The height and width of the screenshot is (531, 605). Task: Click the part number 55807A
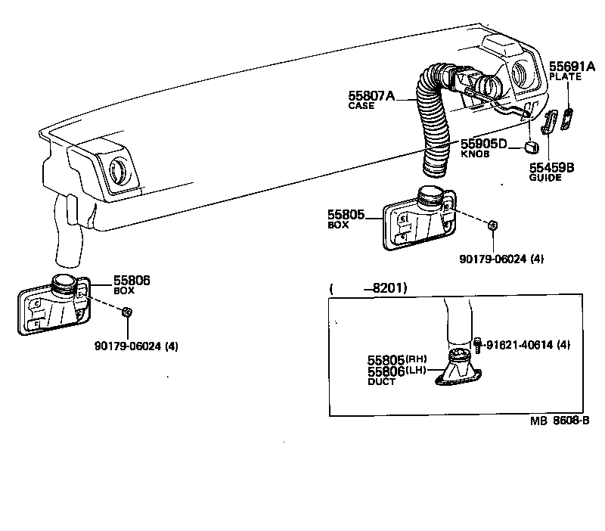371,95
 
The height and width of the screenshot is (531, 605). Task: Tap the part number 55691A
572,66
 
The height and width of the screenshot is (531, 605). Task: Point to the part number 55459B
551,167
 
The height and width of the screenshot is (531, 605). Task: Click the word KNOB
475,154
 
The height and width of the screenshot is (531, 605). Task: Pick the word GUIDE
544,178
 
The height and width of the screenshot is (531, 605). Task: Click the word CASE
361,106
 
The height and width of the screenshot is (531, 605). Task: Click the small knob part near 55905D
532,144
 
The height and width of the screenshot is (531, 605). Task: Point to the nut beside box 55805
492,225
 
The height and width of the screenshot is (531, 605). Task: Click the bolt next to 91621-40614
478,344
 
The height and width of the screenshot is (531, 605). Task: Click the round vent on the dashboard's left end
119,170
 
